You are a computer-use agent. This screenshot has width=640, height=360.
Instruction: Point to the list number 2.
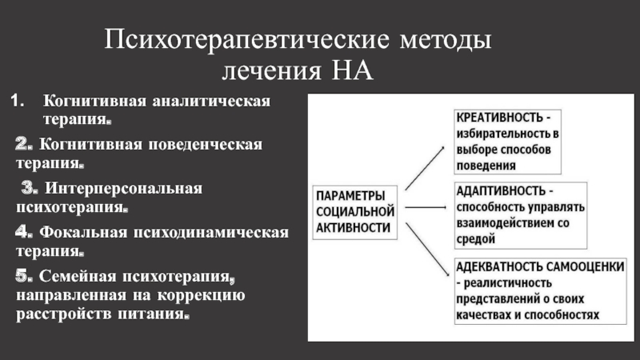23,146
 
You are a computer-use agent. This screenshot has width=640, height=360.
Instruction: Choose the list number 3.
30,190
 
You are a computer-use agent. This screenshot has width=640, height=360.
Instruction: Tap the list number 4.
23,233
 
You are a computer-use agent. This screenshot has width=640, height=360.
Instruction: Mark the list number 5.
23,277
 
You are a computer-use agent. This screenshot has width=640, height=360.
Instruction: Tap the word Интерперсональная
123,190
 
